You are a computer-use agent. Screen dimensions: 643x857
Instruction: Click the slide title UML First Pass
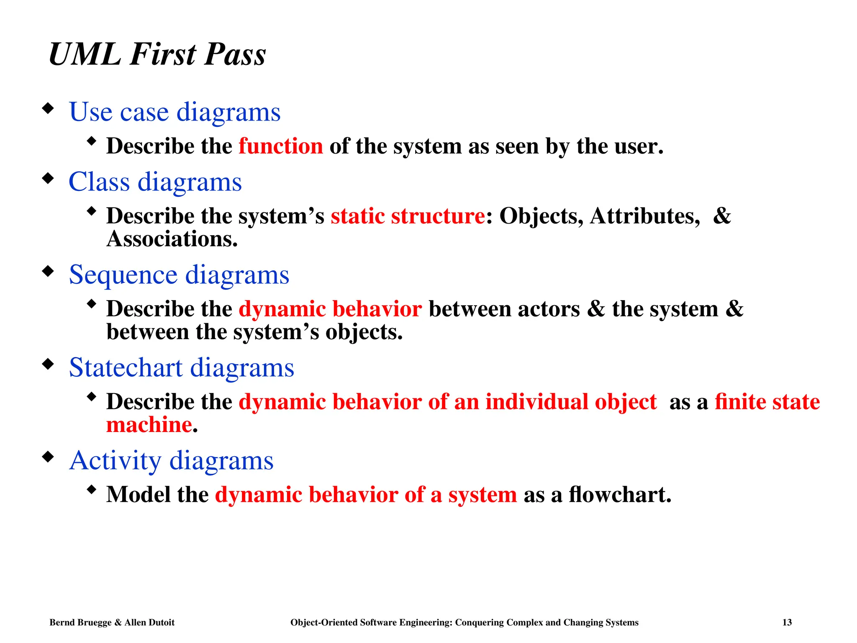pyautogui.click(x=157, y=54)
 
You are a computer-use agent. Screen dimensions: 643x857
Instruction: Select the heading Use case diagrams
pyautogui.click(x=174, y=112)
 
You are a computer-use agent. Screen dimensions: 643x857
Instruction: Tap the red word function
pyautogui.click(x=281, y=147)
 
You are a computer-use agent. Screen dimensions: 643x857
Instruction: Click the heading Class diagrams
pyautogui.click(x=155, y=182)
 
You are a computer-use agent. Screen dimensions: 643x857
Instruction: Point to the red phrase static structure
pyautogui.click(x=408, y=216)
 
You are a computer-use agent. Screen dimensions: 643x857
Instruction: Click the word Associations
pyautogui.click(x=172, y=239)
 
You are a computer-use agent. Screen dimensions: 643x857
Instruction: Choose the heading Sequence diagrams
pyautogui.click(x=179, y=275)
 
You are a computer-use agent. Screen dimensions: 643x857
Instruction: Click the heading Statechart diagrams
pyautogui.click(x=181, y=368)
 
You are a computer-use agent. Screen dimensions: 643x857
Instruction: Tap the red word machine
pyautogui.click(x=149, y=425)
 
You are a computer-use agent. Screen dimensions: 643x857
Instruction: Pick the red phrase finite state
pyautogui.click(x=767, y=402)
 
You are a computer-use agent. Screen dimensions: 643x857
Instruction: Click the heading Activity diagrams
pyautogui.click(x=171, y=460)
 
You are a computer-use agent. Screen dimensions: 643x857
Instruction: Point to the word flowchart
pyautogui.click(x=619, y=495)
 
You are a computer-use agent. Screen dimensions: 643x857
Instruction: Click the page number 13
pyautogui.click(x=787, y=622)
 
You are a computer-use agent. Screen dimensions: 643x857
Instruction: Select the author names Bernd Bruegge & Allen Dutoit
pyautogui.click(x=112, y=622)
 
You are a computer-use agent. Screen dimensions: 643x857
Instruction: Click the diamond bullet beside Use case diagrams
pyautogui.click(x=49, y=108)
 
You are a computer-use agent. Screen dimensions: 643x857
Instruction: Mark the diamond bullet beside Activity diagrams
pyautogui.click(x=49, y=457)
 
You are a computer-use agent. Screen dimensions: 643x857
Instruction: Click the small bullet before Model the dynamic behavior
pyautogui.click(x=92, y=489)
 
